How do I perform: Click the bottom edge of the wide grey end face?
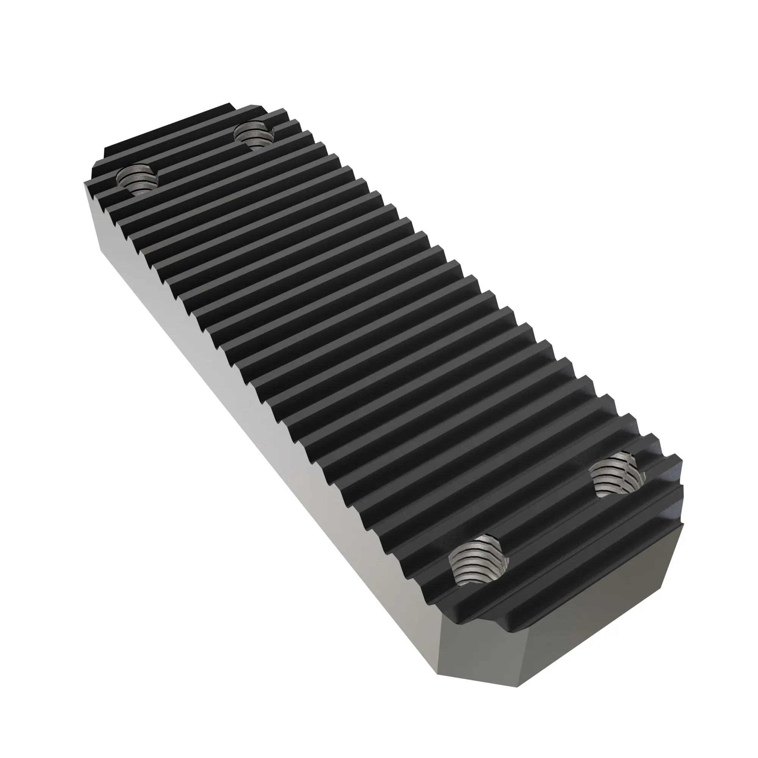(x=589, y=667)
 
